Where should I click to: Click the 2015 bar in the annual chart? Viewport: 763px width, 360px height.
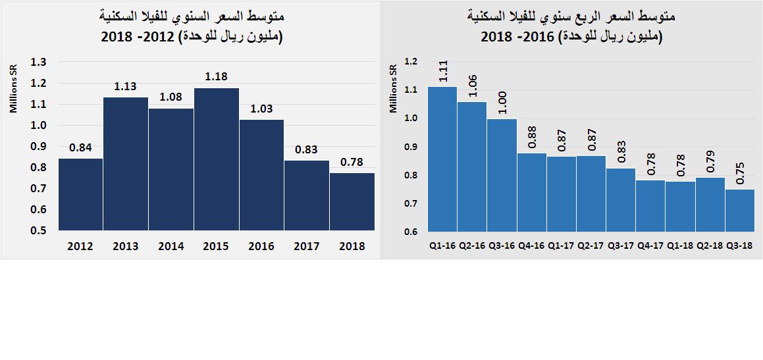point(216,159)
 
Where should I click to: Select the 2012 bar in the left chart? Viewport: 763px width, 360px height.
point(80,195)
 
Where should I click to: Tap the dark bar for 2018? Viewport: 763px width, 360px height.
point(352,202)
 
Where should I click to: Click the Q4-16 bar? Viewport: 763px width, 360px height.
point(532,192)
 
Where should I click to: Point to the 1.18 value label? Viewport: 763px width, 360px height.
point(216,77)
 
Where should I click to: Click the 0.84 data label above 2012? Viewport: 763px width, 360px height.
point(80,147)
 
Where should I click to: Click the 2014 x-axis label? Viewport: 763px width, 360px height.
point(171,246)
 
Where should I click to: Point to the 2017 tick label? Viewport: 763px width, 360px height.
point(307,246)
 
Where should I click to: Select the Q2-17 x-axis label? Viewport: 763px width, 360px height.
point(591,245)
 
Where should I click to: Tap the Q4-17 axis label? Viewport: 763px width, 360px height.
point(650,245)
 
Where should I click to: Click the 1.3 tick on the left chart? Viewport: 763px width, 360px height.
point(39,63)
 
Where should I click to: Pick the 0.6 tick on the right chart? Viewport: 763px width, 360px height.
point(411,232)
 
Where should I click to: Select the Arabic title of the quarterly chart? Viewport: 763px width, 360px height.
point(571,26)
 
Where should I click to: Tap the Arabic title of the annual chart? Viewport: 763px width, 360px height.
point(192,26)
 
